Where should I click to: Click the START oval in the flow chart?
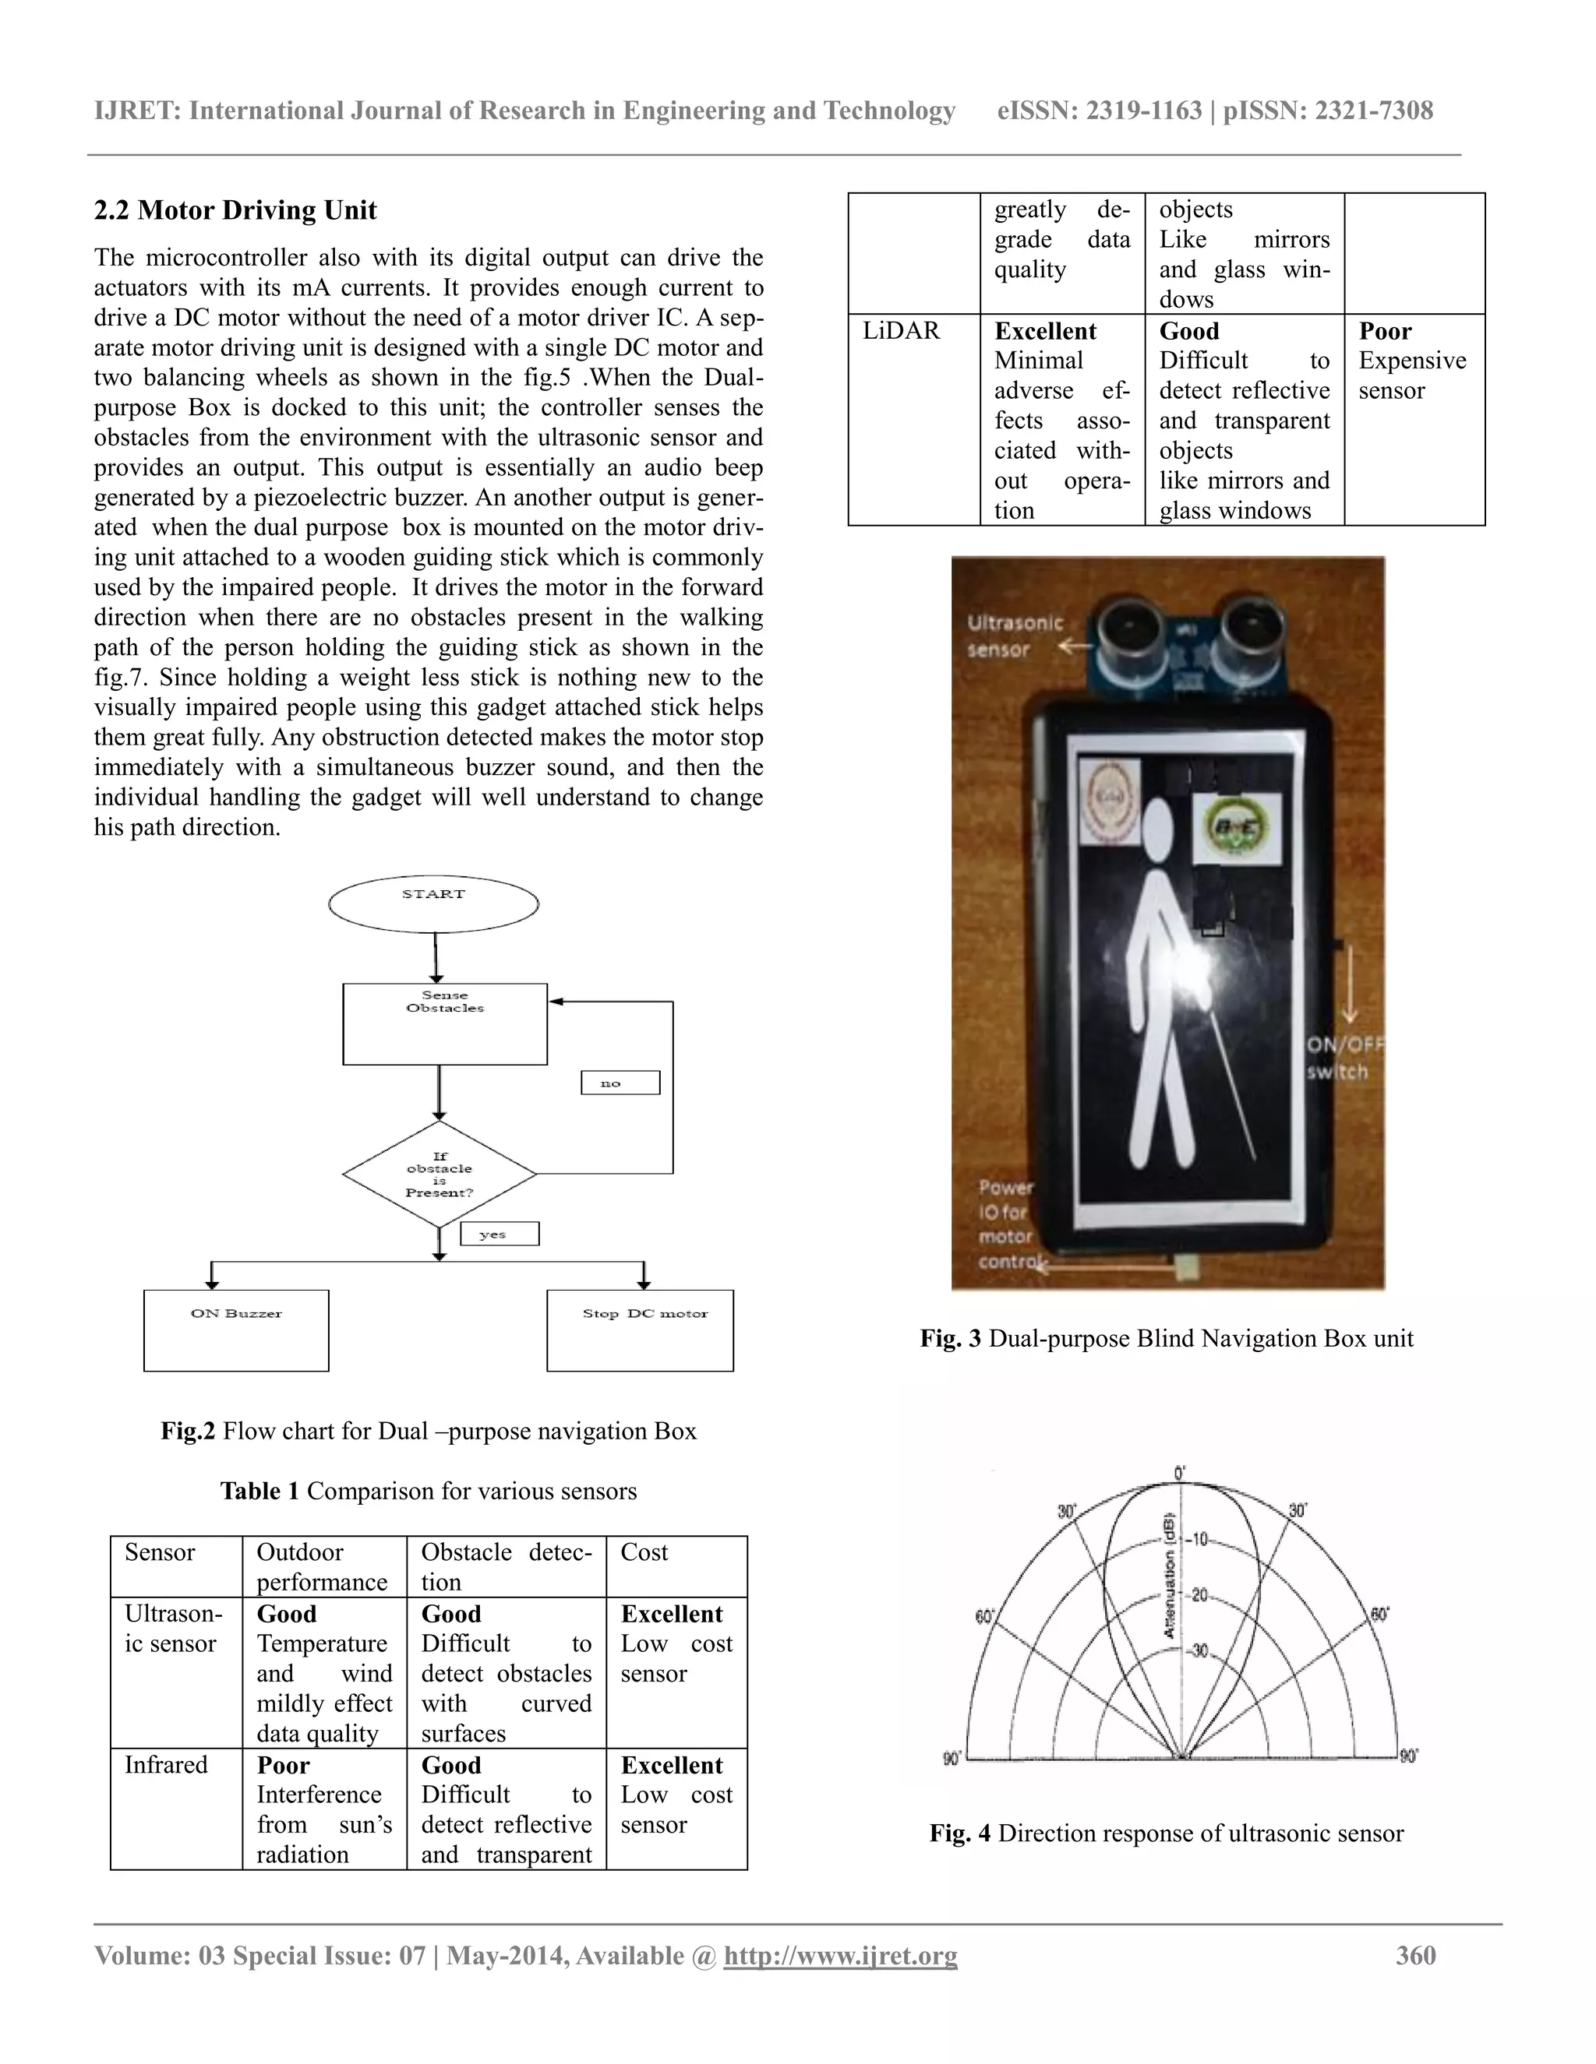pos(433,903)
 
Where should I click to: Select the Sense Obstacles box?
pos(444,1023)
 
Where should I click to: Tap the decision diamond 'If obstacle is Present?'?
pos(439,1174)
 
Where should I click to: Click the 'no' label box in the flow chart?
pos(620,1083)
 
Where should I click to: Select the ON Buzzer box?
pos(235,1330)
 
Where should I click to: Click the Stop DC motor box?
pos(640,1330)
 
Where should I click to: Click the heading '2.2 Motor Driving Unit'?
pos(235,210)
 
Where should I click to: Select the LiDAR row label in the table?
pos(901,331)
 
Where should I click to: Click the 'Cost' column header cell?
pos(644,1552)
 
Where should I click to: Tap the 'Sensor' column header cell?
pos(160,1552)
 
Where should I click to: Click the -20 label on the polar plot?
pos(1198,1595)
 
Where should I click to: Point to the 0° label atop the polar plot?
pos(1179,1474)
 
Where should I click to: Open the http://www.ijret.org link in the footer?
pos(841,1955)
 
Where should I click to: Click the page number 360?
pos(1415,1955)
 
